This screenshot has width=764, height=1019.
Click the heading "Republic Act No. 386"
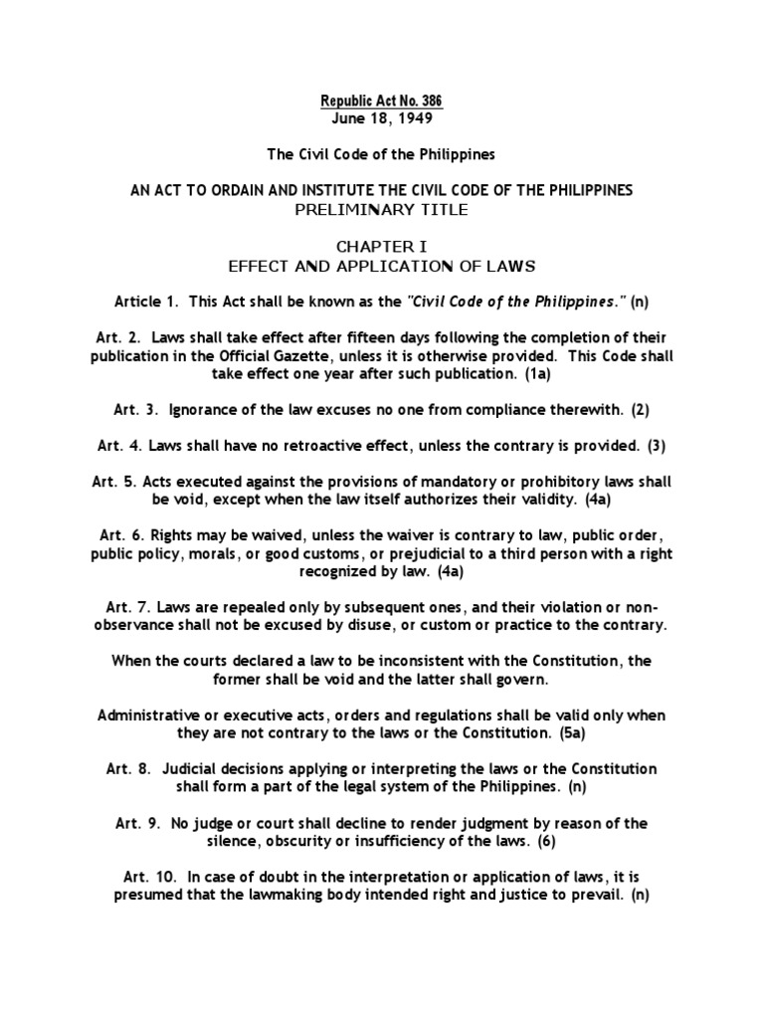point(382,102)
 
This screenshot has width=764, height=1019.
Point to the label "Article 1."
point(149,301)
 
